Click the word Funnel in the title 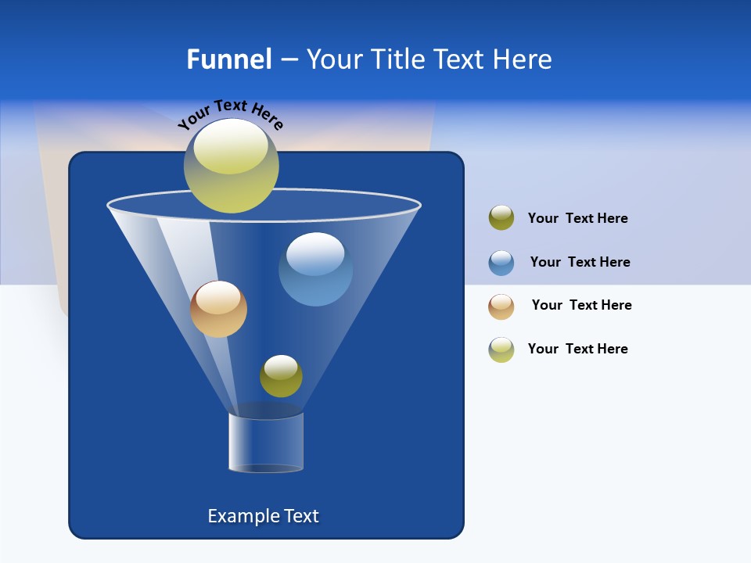click(228, 59)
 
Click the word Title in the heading click(397, 59)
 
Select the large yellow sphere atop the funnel click(232, 166)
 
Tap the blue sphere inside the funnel click(315, 269)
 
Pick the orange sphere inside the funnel click(218, 309)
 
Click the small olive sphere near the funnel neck click(281, 376)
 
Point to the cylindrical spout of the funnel click(266, 442)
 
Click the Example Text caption click(263, 516)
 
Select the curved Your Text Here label click(230, 113)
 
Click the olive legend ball click(501, 217)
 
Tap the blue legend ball click(501, 263)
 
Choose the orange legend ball click(501, 307)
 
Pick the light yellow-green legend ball click(501, 350)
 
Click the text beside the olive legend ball click(577, 218)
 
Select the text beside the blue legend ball click(580, 262)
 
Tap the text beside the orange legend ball click(581, 305)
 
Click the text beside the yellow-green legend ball click(577, 349)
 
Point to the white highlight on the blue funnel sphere click(315, 253)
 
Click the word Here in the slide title click(523, 59)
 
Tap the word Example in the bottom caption click(242, 516)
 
